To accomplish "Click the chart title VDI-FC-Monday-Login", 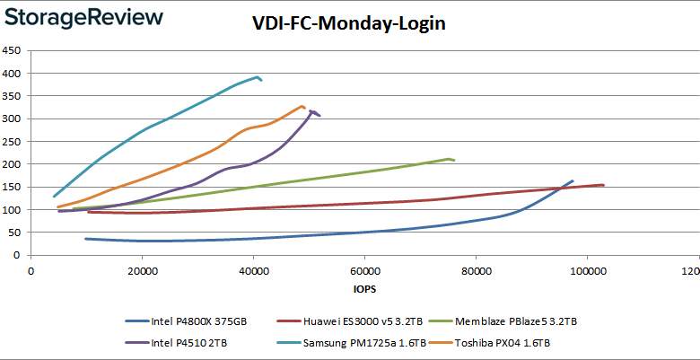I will [348, 24].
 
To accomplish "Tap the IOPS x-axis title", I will [363, 291].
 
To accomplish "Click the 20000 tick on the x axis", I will [142, 271].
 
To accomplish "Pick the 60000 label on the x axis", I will [364, 271].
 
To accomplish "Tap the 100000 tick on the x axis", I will [586, 271].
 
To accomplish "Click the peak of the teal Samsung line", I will [258, 77].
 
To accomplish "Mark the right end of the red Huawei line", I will [603, 185].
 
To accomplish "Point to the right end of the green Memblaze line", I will [454, 160].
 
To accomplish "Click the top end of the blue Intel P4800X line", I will [573, 180].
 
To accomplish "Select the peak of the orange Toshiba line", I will [302, 106].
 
